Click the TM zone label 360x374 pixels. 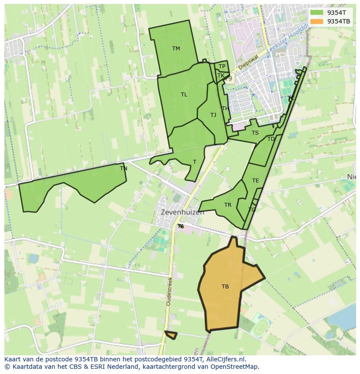coord(176,49)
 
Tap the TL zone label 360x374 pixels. coord(184,95)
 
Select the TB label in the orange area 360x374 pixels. coord(225,287)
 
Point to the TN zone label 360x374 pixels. coord(123,169)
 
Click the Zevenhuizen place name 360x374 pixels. coord(182,213)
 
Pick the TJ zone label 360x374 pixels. coord(213,115)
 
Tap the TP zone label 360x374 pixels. coord(222,66)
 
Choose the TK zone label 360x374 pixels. coord(221,76)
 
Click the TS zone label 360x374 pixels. coord(255,133)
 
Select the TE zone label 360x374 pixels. coord(255,181)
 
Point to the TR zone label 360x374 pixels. coord(228,205)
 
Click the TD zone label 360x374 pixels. coord(271,139)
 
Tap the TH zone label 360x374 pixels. coord(225,109)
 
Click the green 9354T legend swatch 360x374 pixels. coord(317,13)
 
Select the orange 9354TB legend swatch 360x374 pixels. coord(317,21)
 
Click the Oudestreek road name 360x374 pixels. coord(169,291)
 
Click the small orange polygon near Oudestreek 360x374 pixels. coord(171,335)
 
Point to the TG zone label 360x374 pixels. coord(252,210)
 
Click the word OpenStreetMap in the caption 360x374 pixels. coord(234,367)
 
